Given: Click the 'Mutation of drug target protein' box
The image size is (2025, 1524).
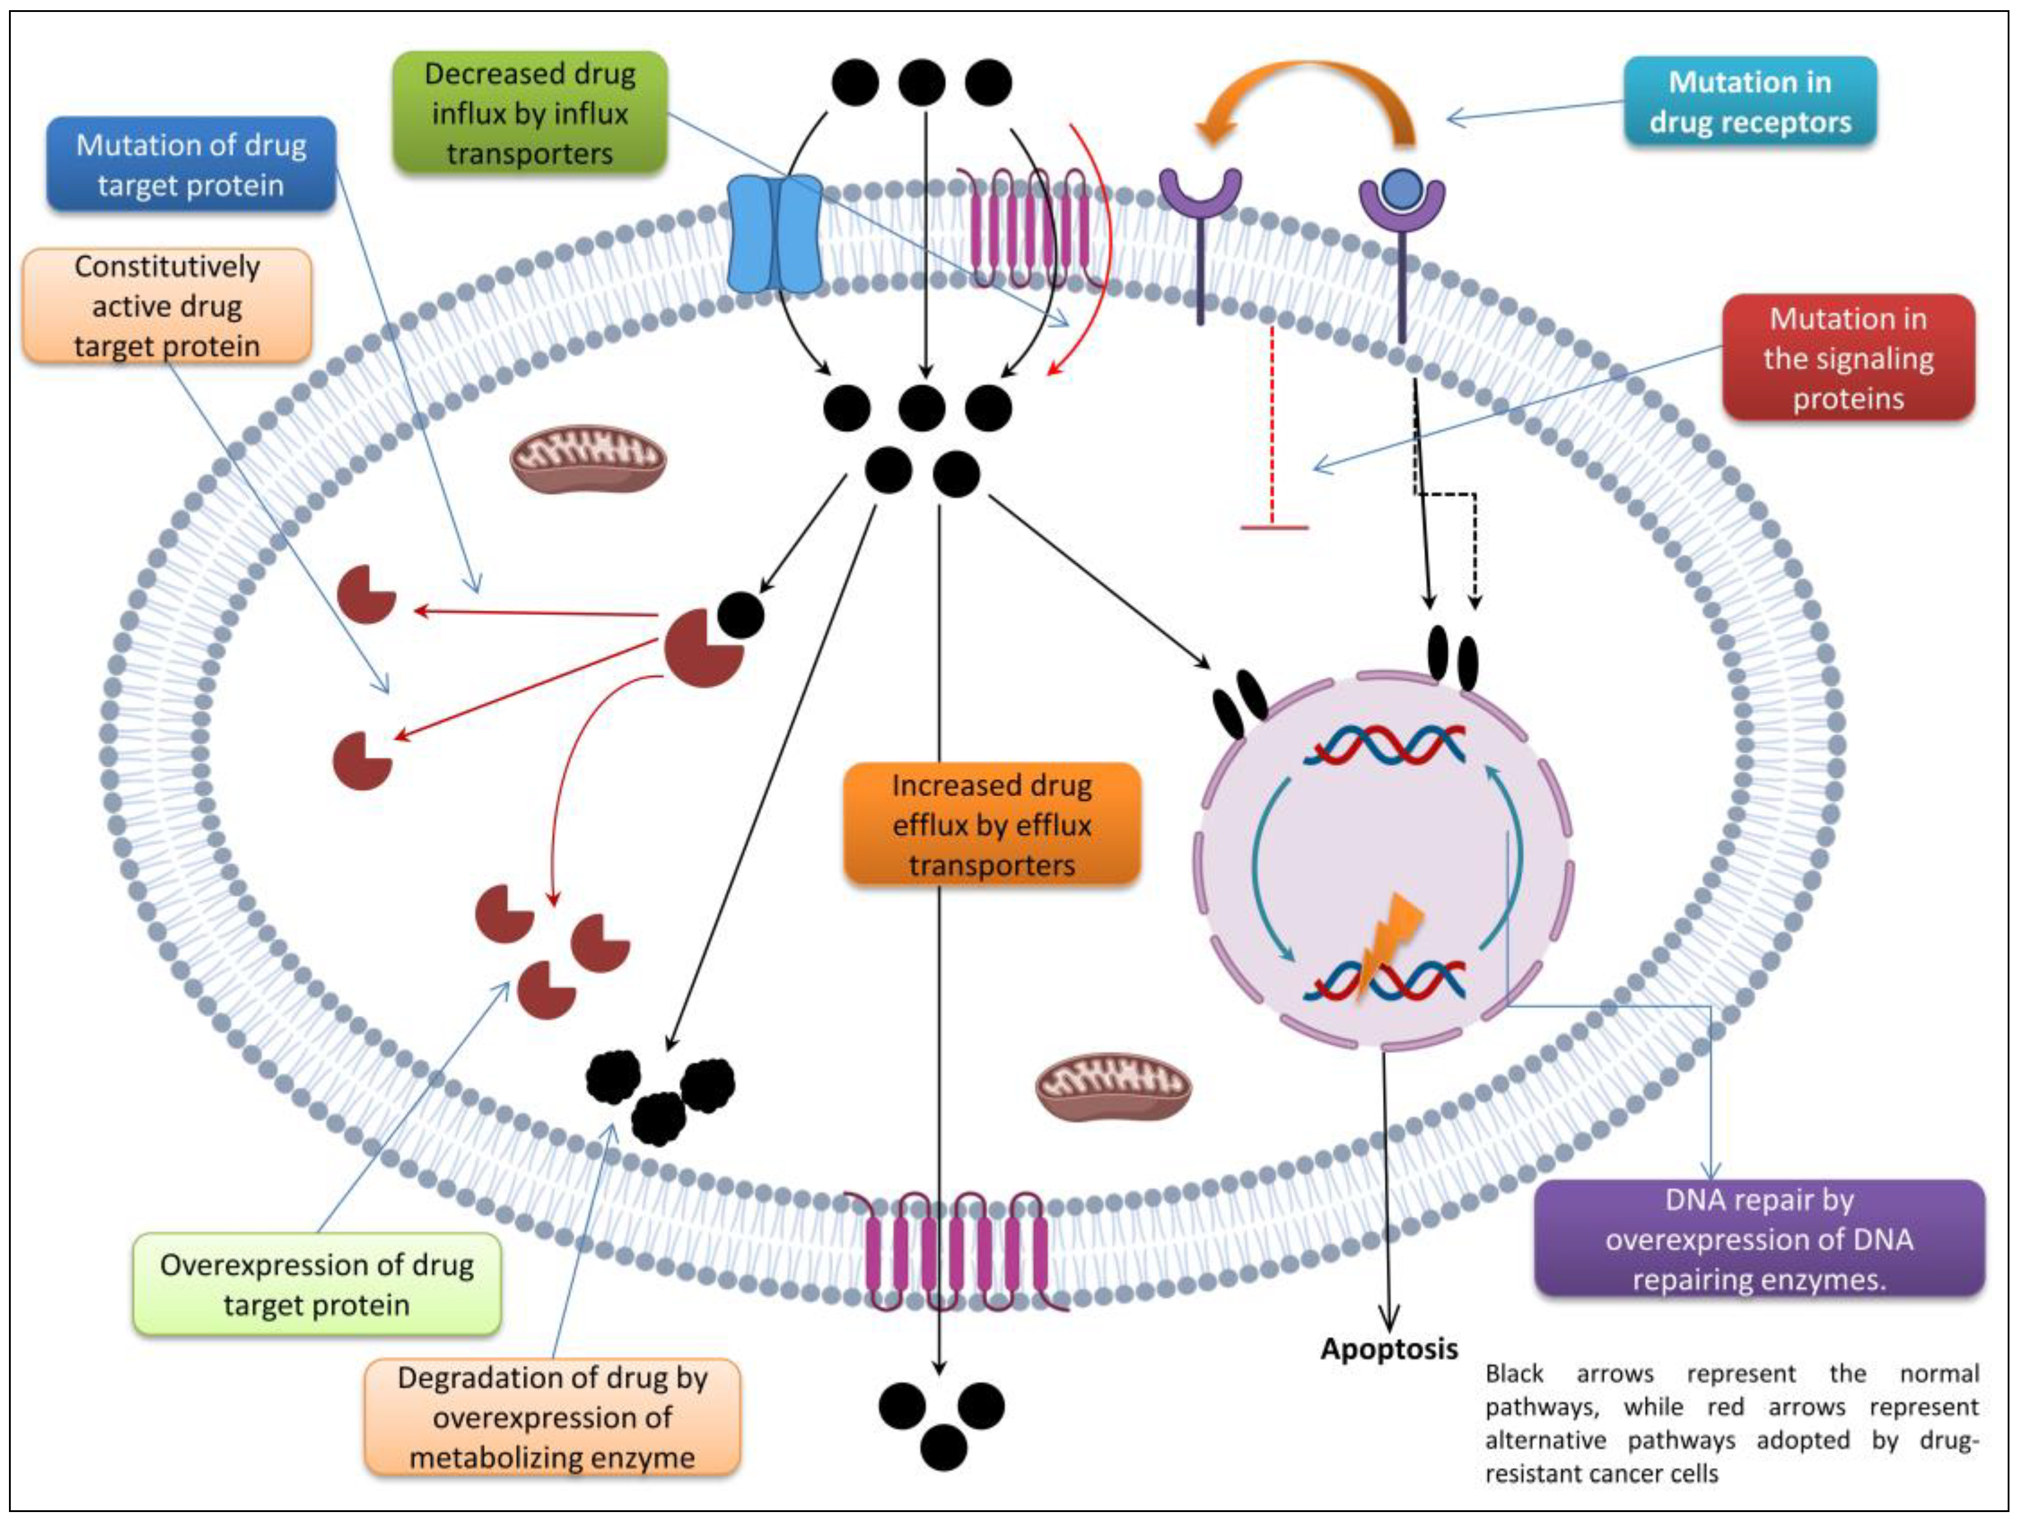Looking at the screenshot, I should pos(191,165).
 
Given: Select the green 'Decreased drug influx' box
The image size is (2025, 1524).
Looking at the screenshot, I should pos(530,114).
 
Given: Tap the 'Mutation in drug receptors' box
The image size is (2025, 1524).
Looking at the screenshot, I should pos(1749,102).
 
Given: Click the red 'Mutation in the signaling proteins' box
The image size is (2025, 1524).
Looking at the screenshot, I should pos(1847,358).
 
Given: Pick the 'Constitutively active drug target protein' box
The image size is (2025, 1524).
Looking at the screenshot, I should pos(167,306).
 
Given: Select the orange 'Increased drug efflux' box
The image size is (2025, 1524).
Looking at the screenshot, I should pos(991,824).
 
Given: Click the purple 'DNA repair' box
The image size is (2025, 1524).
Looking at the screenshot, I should pos(1758,1238).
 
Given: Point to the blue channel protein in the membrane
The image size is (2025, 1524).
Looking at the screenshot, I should pos(774,234).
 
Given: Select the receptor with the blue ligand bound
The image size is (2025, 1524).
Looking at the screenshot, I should pos(1401,219).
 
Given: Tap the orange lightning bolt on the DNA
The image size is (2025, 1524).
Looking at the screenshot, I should pos(1388,943).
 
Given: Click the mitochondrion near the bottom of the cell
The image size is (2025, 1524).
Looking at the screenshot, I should pos(1113,1086).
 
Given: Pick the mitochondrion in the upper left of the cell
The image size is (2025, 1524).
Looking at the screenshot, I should pos(588,457).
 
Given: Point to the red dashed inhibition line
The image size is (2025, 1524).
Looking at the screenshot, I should pos(1272,430).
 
